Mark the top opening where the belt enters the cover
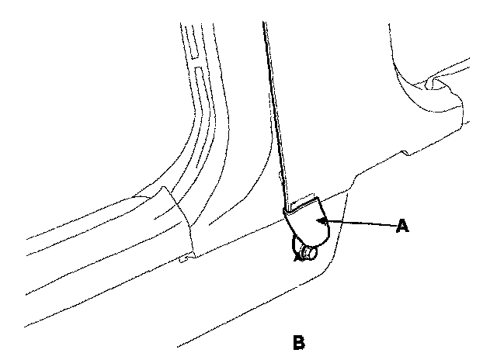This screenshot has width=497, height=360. [304, 204]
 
